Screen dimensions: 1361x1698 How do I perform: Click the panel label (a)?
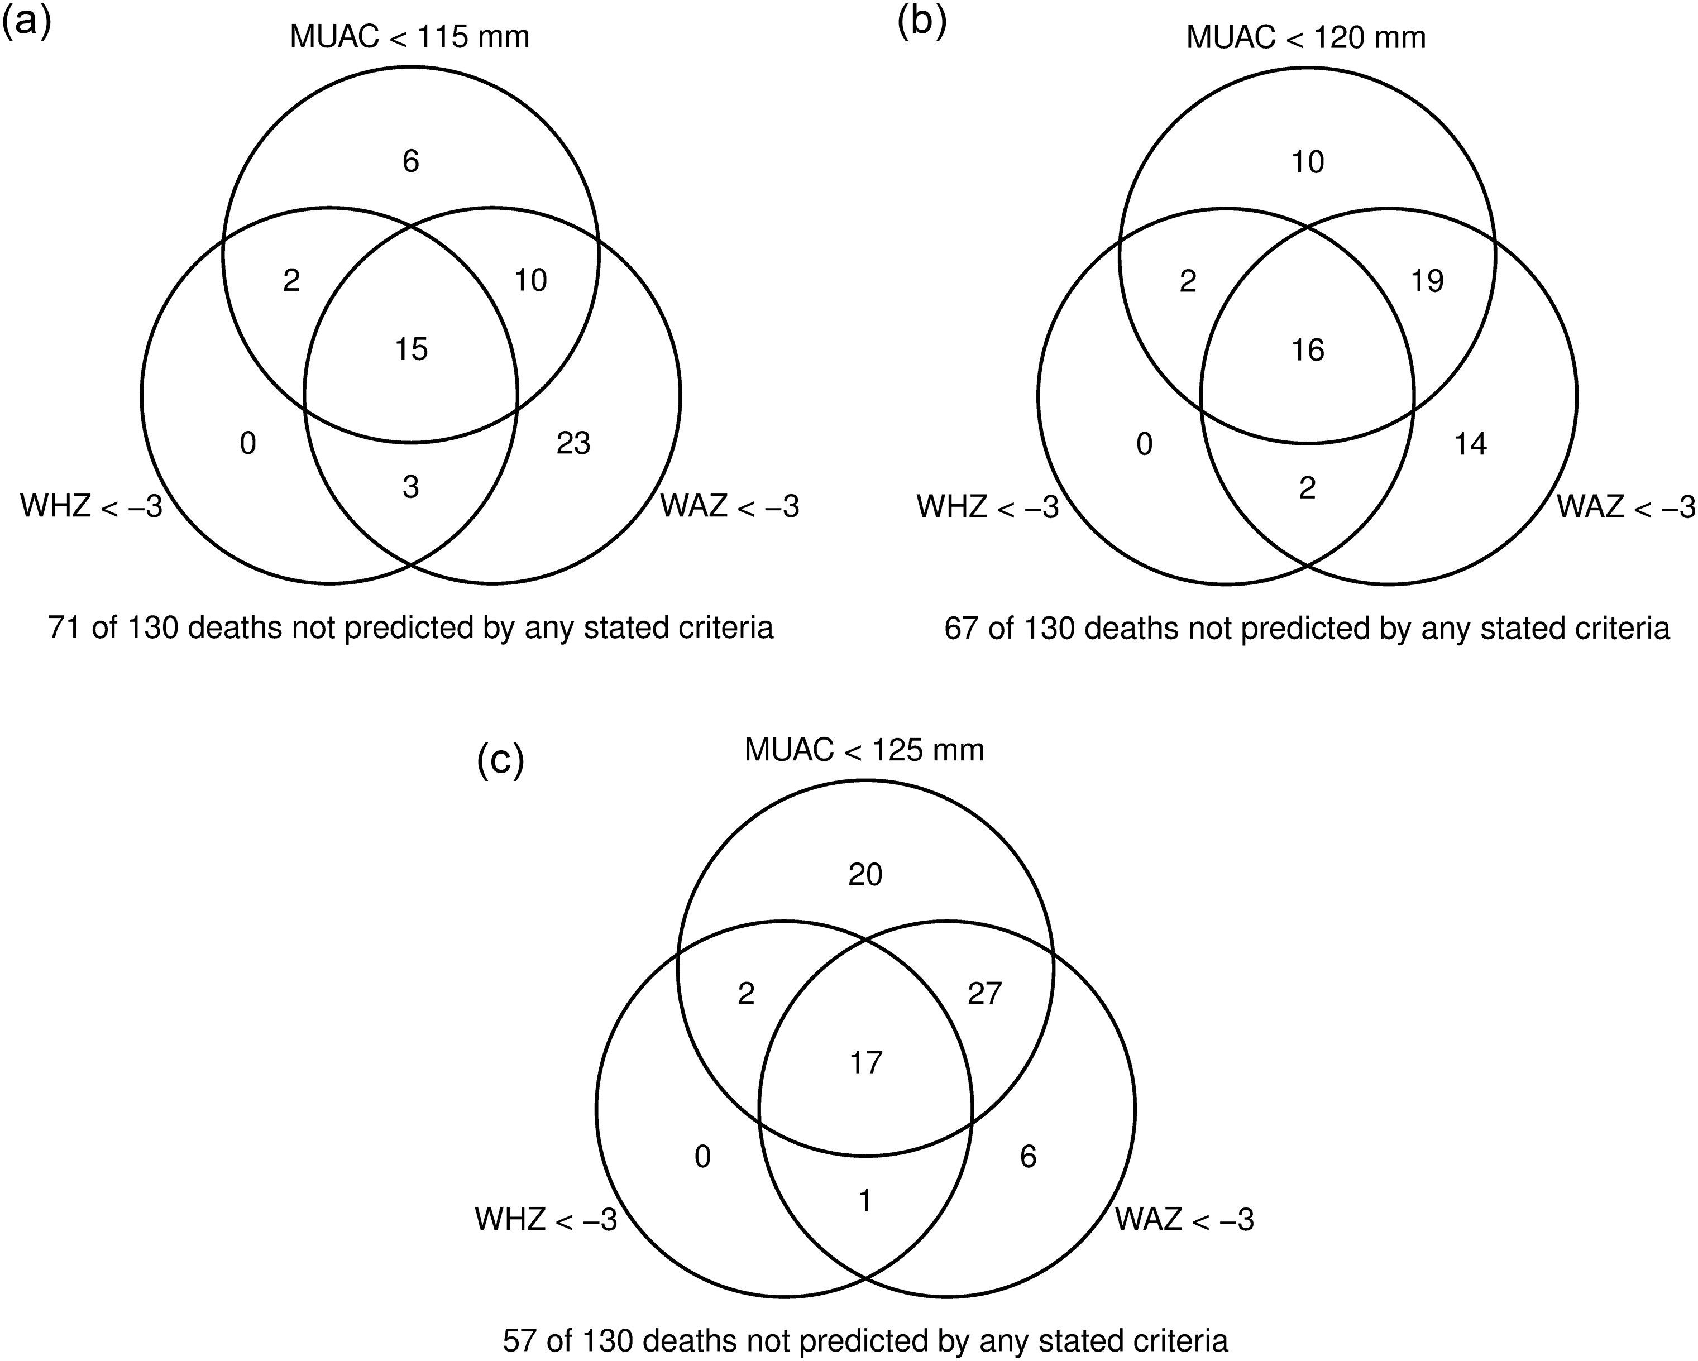click(26, 23)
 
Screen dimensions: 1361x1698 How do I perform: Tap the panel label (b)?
click(921, 23)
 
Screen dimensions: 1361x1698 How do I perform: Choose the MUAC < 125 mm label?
click(864, 751)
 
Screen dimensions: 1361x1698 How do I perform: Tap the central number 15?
click(411, 349)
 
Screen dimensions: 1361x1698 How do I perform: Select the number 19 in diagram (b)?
click(1427, 280)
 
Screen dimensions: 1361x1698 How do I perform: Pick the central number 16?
click(1307, 349)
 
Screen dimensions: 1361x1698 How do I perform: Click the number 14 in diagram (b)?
click(1470, 444)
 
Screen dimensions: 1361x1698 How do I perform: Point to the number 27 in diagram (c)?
click(984, 994)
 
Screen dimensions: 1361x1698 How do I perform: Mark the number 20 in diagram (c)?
click(865, 874)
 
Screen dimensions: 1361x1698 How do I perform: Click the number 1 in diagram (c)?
click(865, 1201)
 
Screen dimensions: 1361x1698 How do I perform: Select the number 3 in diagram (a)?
click(410, 487)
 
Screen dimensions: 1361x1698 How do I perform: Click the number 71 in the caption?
click(65, 627)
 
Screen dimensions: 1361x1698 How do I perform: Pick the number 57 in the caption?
click(520, 1340)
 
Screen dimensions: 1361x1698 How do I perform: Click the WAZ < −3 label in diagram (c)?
click(1184, 1219)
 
